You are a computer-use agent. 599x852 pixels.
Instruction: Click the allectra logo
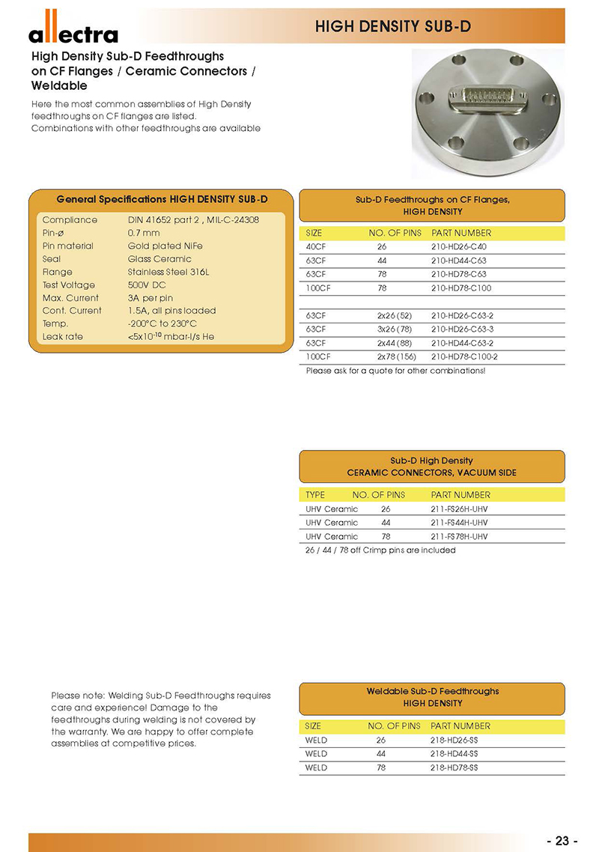click(73, 33)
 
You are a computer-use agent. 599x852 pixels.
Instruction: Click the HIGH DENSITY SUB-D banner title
click(392, 27)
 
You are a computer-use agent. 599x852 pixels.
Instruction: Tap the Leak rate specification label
click(63, 337)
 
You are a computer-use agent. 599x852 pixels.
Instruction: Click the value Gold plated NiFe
click(165, 246)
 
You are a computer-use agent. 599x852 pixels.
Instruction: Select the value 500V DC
click(148, 285)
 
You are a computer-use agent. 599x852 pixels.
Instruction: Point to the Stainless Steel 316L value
click(168, 272)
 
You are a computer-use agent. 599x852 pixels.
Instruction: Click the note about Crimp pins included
click(380, 550)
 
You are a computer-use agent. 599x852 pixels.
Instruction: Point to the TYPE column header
click(315, 495)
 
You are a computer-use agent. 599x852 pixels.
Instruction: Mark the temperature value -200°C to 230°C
click(162, 324)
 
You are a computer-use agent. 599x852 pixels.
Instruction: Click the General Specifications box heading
click(162, 199)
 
